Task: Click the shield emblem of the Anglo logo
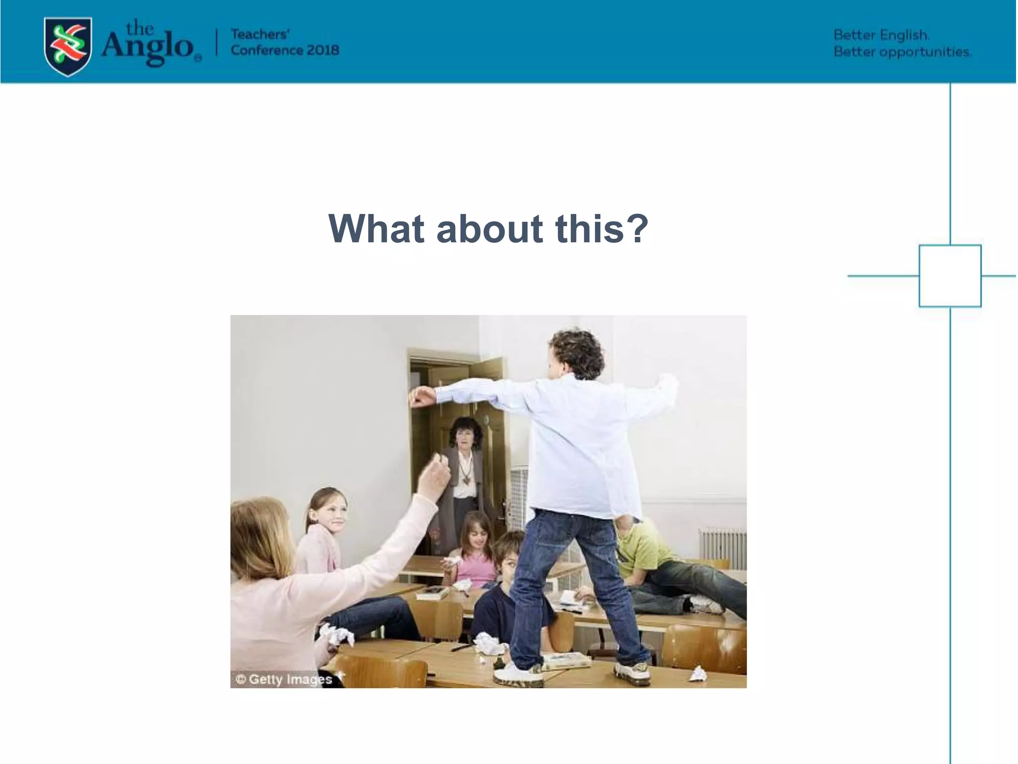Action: [68, 46]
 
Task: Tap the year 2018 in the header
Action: [323, 50]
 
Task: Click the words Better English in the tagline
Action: [880, 35]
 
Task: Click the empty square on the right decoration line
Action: [949, 276]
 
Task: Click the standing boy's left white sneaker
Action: [519, 674]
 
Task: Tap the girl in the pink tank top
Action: [475, 557]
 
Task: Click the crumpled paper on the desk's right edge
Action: [697, 674]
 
